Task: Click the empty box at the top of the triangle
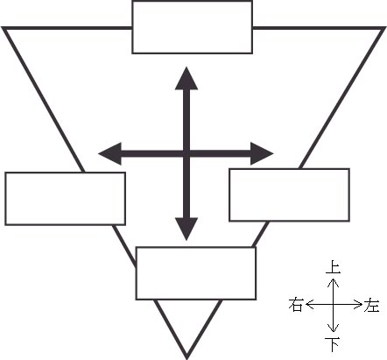click(193, 27)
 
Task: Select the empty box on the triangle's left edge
click(66, 199)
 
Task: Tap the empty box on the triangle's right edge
click(290, 194)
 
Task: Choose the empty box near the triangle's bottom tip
click(196, 273)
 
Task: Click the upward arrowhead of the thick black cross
click(186, 78)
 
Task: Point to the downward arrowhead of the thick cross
click(186, 229)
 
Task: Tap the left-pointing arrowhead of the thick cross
click(109, 153)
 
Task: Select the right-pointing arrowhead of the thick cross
click(262, 153)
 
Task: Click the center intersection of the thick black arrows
click(186, 153)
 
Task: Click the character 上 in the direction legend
click(333, 267)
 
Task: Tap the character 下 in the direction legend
click(333, 344)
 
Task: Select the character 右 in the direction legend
click(295, 305)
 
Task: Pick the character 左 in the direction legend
click(371, 305)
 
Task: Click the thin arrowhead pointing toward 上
click(333, 281)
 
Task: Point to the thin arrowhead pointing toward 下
click(333, 328)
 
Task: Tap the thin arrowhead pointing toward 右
click(310, 305)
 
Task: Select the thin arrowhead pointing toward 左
click(357, 305)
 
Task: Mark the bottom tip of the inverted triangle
click(186, 358)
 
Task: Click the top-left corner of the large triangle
click(3, 28)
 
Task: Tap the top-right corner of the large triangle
click(384, 28)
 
